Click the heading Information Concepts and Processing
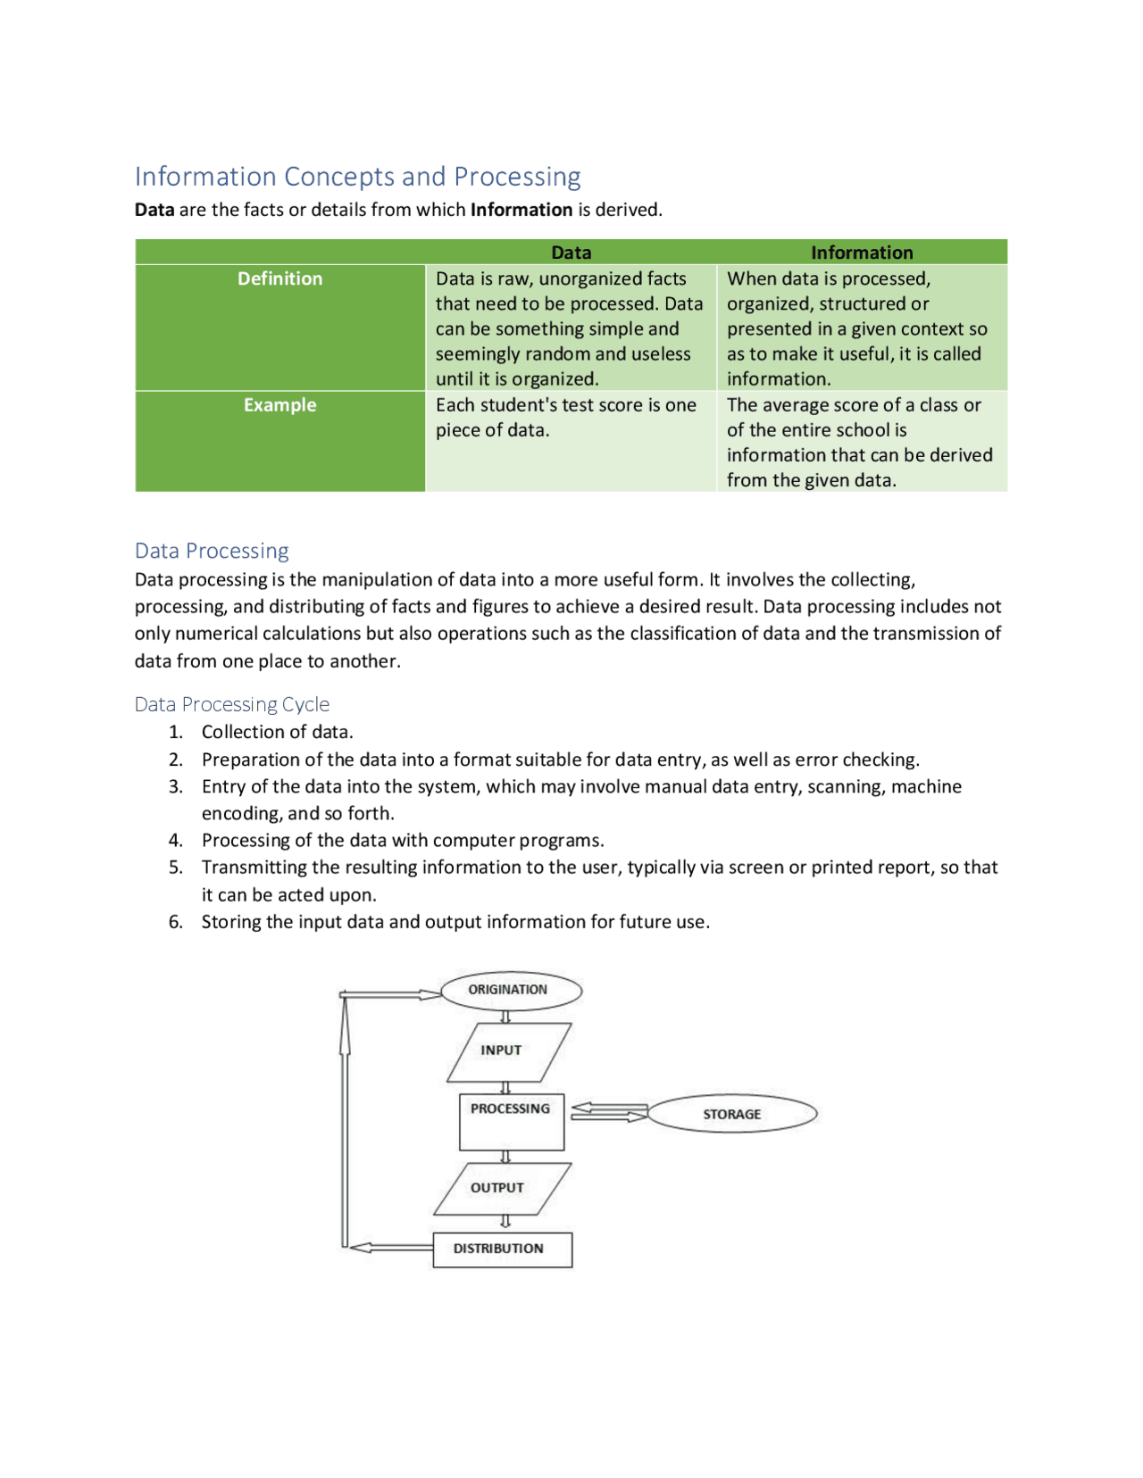click(357, 177)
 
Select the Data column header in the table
click(571, 253)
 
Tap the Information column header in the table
click(861, 253)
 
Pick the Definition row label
click(279, 279)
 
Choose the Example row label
click(279, 405)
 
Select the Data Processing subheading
click(212, 551)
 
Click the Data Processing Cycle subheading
click(231, 704)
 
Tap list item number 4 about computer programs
click(402, 841)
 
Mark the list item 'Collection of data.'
click(277, 733)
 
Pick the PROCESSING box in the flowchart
click(511, 1122)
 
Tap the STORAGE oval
click(731, 1115)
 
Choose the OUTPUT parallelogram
click(501, 1189)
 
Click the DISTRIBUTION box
click(502, 1250)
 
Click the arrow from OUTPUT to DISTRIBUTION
click(505, 1222)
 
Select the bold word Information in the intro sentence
click(521, 211)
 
